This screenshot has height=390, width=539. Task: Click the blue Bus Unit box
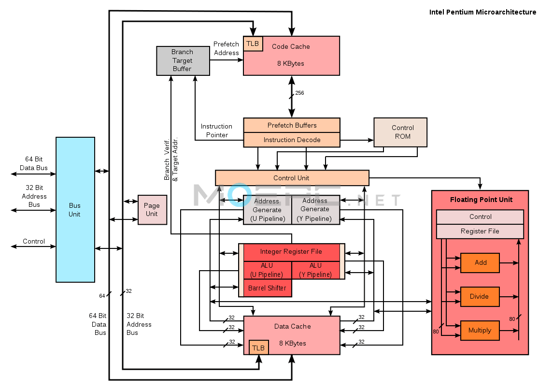coord(75,210)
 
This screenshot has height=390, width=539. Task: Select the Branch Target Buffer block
coord(183,60)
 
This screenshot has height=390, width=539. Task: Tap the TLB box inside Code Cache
coord(253,43)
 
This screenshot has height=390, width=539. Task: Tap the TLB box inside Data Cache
coord(259,347)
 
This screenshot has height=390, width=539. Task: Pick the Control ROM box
coord(400,132)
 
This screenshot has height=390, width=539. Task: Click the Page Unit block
coord(152,210)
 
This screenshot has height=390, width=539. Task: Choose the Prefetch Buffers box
coord(292,125)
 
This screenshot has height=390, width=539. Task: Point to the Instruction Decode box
coord(292,140)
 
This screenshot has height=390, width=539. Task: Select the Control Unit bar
coord(292,178)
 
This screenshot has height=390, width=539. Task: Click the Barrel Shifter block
coord(268,288)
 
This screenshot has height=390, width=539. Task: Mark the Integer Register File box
coord(292,252)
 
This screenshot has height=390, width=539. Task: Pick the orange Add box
coord(480,263)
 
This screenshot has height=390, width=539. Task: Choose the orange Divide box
coord(480,296)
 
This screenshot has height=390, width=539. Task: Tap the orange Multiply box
coord(480,331)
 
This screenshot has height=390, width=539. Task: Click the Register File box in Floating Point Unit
coord(480,231)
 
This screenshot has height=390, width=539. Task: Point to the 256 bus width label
coord(299,93)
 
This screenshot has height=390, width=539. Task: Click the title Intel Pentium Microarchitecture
coord(482,12)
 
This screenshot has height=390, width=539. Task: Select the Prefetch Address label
coord(226,48)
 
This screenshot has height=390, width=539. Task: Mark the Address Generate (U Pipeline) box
coord(268,210)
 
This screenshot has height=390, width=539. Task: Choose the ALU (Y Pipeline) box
coord(315,270)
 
